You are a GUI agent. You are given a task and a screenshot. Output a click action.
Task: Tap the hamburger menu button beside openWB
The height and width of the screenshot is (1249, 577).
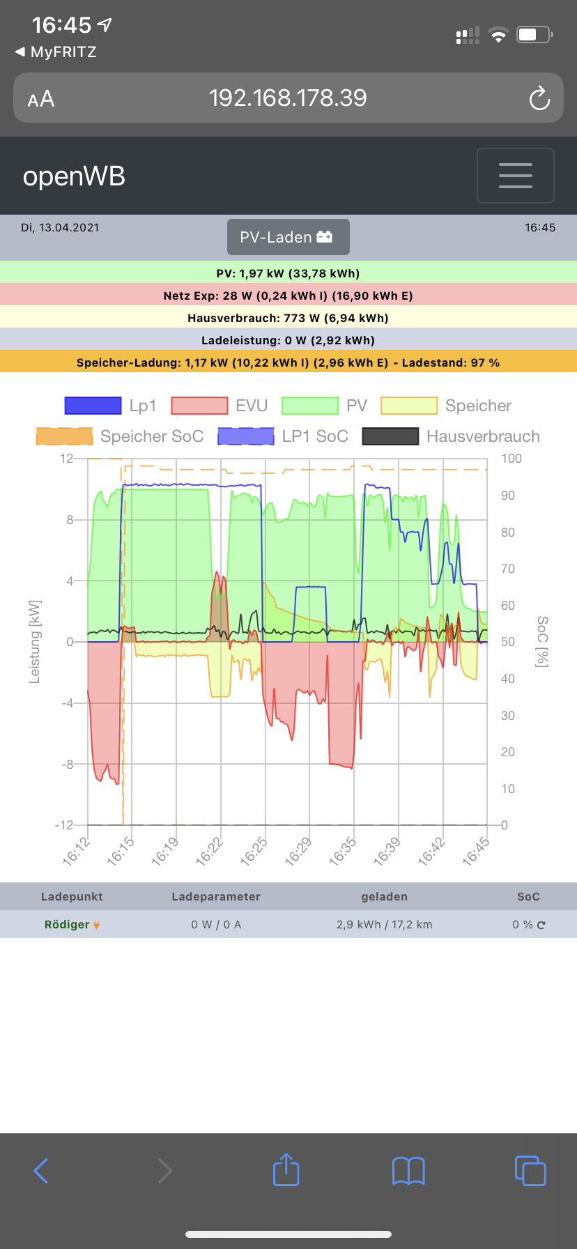click(x=516, y=176)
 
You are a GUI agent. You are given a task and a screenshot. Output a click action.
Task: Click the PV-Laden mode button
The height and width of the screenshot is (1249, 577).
click(x=288, y=238)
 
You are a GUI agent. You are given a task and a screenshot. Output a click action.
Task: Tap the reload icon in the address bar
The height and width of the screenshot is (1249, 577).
click(x=539, y=98)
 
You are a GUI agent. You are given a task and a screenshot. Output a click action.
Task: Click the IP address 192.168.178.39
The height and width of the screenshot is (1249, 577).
click(x=288, y=98)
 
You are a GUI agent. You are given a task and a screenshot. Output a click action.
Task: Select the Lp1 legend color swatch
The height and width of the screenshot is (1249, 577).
click(x=93, y=406)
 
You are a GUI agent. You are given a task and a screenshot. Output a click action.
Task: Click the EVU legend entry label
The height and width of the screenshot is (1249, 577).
click(x=252, y=406)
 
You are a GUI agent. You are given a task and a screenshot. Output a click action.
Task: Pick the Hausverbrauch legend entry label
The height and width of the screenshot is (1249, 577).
click(x=483, y=436)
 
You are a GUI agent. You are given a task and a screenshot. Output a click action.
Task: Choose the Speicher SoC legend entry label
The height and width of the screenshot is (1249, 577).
click(x=152, y=436)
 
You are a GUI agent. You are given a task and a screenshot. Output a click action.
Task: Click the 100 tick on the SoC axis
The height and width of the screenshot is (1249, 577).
click(x=511, y=459)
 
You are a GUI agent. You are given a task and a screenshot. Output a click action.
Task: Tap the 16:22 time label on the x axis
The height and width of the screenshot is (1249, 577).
click(x=209, y=852)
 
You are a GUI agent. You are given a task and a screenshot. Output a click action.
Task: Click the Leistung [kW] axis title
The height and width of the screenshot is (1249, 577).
click(x=35, y=641)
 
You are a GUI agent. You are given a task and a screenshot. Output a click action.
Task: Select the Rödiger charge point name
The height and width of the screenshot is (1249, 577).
click(x=67, y=924)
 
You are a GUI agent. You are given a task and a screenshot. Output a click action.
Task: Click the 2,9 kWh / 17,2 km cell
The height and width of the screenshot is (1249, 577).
click(x=384, y=924)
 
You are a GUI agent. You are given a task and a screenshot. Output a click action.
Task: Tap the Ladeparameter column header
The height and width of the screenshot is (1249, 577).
click(x=216, y=896)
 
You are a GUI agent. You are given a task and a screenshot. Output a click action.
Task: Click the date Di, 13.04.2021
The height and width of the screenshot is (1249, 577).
click(x=60, y=227)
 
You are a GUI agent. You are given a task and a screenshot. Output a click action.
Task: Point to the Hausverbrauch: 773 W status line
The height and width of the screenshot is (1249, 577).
click(x=288, y=318)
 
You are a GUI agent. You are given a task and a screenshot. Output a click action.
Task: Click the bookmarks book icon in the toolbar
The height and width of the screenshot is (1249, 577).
click(x=408, y=1171)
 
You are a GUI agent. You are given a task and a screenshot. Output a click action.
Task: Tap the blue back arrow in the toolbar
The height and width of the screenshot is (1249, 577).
click(x=41, y=1171)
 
